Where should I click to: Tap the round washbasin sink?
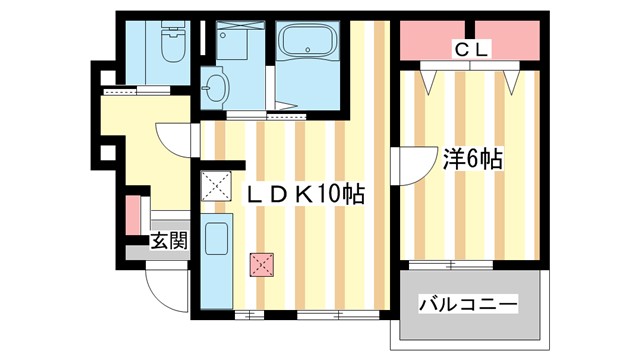tap(214, 87)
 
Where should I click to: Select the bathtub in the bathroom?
tap(308, 44)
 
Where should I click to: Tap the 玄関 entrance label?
tap(168, 240)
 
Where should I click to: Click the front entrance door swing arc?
tap(162, 290)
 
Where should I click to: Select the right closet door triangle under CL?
tap(514, 76)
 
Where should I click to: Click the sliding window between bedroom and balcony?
tap(470, 265)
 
